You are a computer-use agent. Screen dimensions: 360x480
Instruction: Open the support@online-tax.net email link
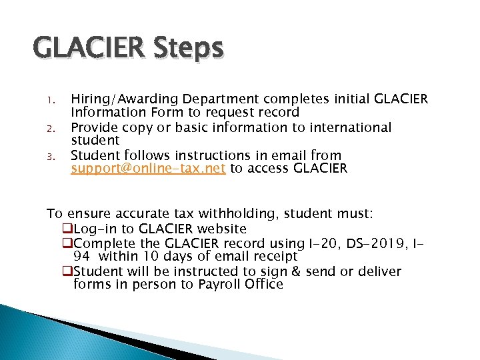149,168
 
